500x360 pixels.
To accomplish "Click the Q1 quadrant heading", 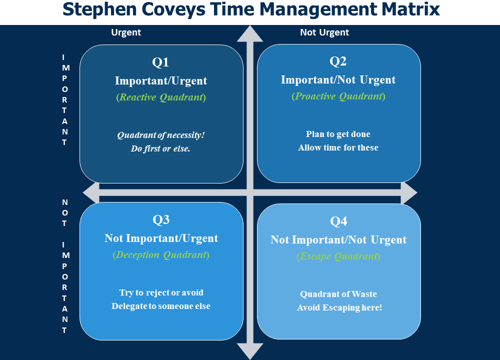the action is (x=160, y=62).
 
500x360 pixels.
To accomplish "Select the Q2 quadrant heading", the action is (x=338, y=61).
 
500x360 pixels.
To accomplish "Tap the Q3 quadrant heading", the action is (x=161, y=219).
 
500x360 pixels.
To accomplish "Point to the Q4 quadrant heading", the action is (x=338, y=221).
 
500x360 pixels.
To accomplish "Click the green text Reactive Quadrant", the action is (x=161, y=97).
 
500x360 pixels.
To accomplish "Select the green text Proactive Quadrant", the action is (x=338, y=96).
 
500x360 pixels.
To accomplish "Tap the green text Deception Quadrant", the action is (x=161, y=255).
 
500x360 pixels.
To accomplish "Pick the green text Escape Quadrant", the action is (x=338, y=256).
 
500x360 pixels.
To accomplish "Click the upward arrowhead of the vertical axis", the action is (x=250, y=34).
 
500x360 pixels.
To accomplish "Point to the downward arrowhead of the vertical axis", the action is (x=250, y=351).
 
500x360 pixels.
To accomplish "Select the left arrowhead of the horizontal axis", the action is (x=91, y=192).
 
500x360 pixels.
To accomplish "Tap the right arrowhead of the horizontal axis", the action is (x=409, y=192).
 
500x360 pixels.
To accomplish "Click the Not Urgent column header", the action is (x=324, y=32).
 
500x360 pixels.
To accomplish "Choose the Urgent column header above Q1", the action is (x=126, y=32).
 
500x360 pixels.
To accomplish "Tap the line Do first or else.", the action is (x=160, y=148).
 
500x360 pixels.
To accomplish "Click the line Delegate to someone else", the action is (x=161, y=306).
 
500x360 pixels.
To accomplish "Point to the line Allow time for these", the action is (x=338, y=147).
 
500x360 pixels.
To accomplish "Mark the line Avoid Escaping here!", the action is (x=339, y=307).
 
